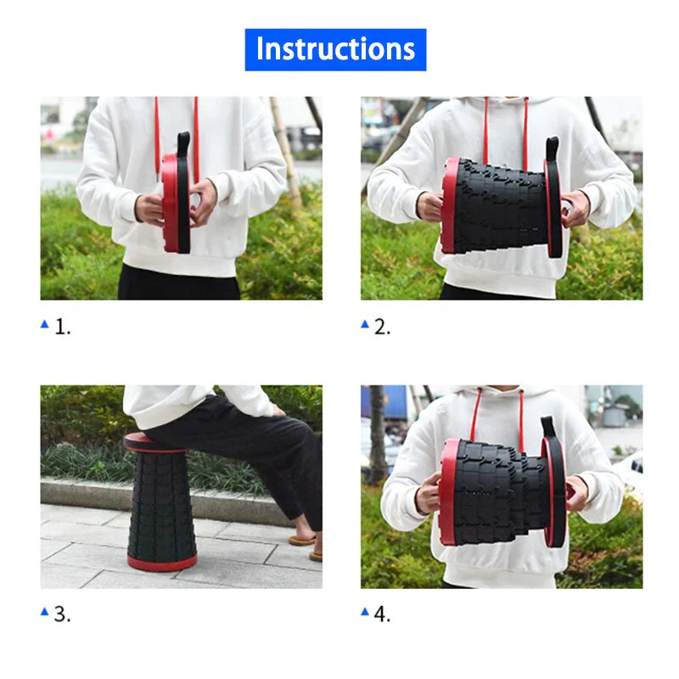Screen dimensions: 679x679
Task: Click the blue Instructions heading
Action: [335, 49]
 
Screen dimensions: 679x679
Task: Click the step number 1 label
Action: [63, 328]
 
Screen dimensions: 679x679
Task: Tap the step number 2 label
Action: [383, 328]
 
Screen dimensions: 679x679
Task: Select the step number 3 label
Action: [63, 614]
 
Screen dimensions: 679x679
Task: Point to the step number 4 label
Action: [383, 614]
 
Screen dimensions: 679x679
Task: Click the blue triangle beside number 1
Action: [45, 324]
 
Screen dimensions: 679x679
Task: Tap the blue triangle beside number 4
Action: [365, 611]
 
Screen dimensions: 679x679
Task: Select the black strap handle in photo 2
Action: [553, 148]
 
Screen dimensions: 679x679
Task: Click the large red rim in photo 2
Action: [449, 205]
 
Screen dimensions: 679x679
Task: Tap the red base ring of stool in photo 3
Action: [161, 562]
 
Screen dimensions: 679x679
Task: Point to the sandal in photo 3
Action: [302, 539]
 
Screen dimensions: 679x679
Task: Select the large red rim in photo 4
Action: [447, 492]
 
